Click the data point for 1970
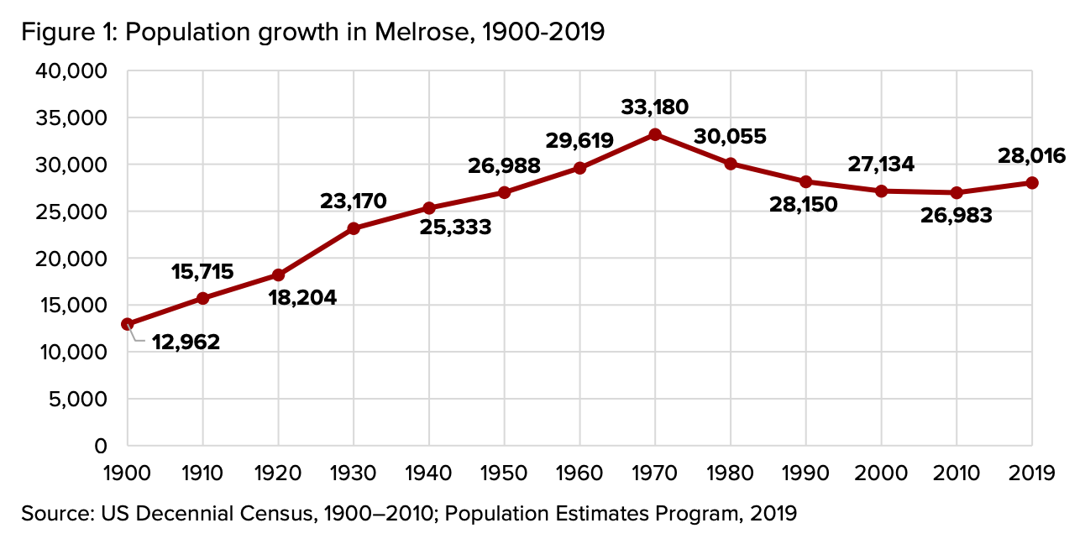[655, 134]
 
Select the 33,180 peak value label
[655, 107]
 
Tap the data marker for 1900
[128, 324]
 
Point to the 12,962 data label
[186, 342]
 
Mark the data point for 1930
[354, 228]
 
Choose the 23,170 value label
[354, 201]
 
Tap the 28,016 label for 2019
[1032, 155]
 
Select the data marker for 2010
[957, 192]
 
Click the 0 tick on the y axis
[101, 446]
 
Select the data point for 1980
[731, 164]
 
